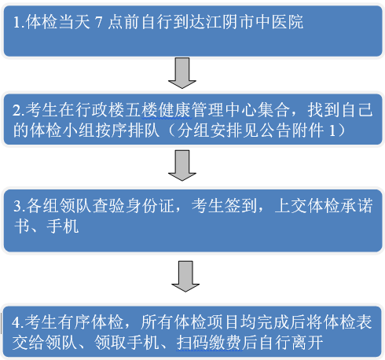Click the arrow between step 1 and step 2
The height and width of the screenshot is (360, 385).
point(182,73)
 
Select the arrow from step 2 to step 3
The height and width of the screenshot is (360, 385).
point(182,165)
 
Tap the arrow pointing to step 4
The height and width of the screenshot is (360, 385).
point(185,276)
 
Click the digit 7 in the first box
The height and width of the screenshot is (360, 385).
point(99,22)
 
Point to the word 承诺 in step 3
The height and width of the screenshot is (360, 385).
point(357,206)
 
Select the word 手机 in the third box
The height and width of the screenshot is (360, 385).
point(62,226)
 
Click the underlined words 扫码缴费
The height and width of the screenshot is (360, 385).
point(209,342)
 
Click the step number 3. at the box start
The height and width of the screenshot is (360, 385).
point(19,206)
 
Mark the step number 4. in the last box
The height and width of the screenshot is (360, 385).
point(18,322)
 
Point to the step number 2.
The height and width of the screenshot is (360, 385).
point(18,111)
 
